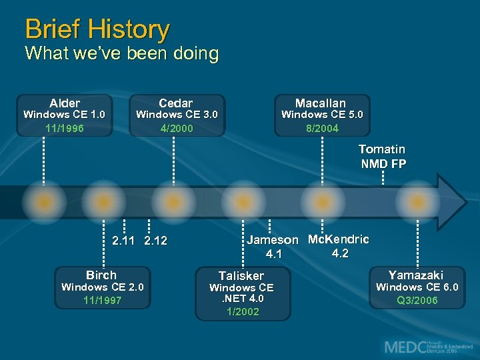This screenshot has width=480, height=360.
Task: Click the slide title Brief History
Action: (97, 29)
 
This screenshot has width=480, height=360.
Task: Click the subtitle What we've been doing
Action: (121, 53)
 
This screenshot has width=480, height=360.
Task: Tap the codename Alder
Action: (65, 103)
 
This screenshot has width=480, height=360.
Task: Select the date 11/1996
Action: (65, 128)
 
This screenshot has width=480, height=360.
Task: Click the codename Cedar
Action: (176, 103)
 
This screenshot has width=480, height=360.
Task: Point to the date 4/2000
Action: (177, 128)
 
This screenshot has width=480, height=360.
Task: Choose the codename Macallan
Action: (321, 103)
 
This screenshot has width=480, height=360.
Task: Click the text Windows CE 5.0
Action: (322, 115)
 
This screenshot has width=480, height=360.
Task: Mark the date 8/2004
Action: (322, 128)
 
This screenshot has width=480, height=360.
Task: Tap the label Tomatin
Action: (381, 149)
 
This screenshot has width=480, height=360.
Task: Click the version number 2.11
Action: (125, 241)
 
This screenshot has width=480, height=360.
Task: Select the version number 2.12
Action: (155, 241)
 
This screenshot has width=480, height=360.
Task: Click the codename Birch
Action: (101, 275)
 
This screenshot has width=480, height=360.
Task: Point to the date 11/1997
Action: (102, 301)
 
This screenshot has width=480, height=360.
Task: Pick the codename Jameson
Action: (273, 240)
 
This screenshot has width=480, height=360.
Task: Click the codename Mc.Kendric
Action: (339, 239)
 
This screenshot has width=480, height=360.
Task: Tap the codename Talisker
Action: (241, 275)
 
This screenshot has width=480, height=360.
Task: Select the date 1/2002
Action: (243, 311)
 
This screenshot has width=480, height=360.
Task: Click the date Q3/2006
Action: (417, 301)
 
